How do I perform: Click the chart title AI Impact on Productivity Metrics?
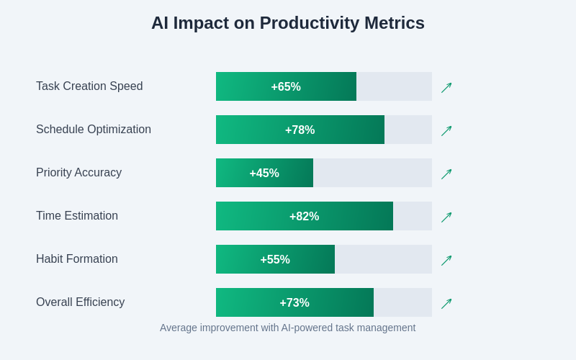coord(288,23)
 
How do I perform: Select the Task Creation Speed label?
coord(89,86)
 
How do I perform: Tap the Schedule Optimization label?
coord(94,130)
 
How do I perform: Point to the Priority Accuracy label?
coord(78,173)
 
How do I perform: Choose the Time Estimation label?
coord(77,216)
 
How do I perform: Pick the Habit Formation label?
coord(77,259)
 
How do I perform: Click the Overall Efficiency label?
coord(80,302)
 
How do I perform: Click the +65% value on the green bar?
coord(286,87)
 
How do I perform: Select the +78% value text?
coord(300,130)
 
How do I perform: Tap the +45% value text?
coord(264,174)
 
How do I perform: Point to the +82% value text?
coord(304,217)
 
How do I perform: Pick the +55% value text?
coord(275,260)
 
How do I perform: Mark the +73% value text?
coord(294,303)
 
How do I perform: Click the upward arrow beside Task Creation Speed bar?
coord(446,88)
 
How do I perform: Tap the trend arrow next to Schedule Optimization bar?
coord(446,131)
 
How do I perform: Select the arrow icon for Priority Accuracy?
coord(446,174)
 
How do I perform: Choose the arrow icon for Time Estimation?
coord(446,217)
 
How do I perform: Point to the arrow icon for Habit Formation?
coord(446,261)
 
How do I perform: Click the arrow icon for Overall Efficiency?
coord(446,304)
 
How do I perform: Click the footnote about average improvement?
coord(288,328)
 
